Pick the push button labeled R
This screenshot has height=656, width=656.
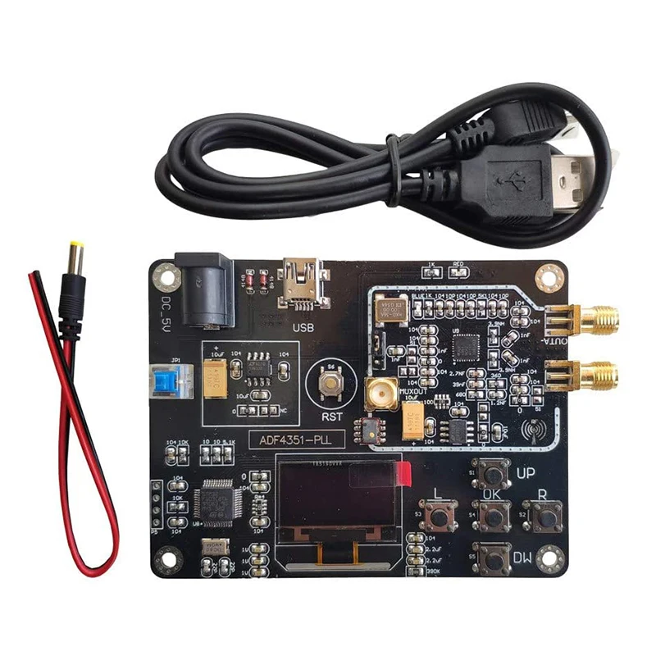click(x=541, y=515)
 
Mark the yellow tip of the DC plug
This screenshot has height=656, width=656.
click(x=75, y=248)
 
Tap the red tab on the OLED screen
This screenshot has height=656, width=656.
click(x=403, y=474)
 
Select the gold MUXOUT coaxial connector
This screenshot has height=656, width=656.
click(x=382, y=395)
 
